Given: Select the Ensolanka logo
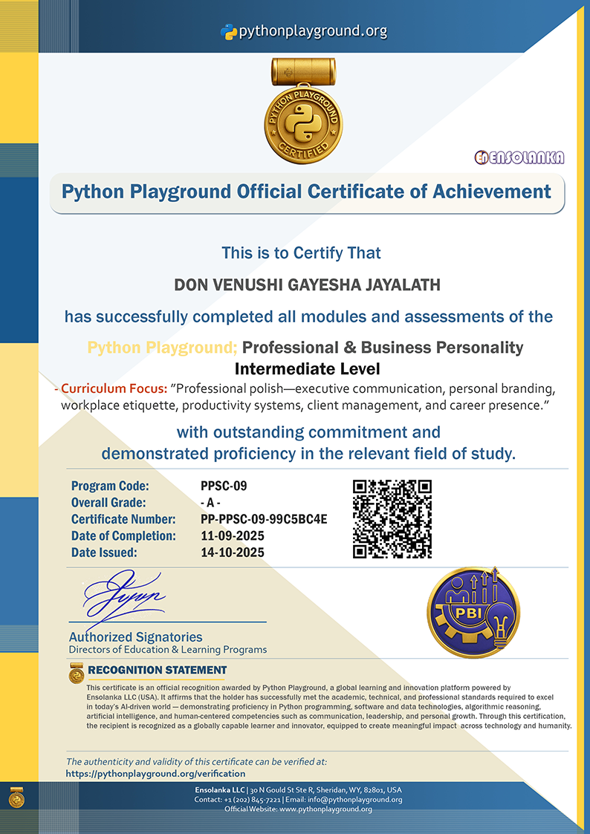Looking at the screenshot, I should [519, 157].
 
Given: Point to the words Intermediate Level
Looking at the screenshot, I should [307, 368].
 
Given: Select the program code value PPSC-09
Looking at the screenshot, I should [223, 486].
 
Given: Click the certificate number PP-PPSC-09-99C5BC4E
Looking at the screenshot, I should [264, 519].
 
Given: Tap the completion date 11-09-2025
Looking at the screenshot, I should [233, 535].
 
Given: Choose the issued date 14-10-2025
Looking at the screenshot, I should [233, 552].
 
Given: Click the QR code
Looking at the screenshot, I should [392, 518].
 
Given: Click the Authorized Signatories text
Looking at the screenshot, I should [135, 636].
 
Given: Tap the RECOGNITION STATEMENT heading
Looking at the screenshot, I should [157, 670].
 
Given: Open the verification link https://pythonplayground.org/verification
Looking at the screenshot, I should [155, 773].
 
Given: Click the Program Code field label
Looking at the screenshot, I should [110, 486].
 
